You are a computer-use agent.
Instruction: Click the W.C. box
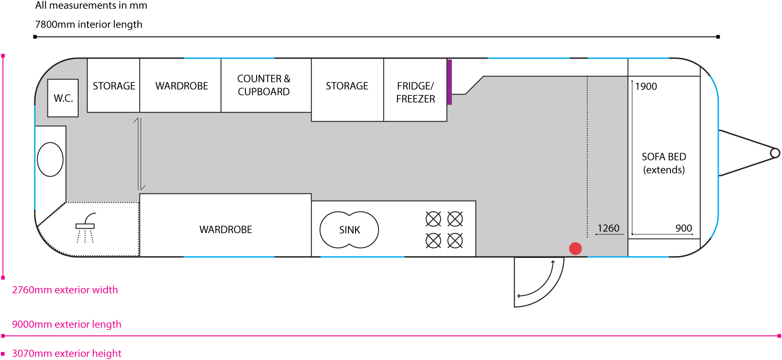click(63, 98)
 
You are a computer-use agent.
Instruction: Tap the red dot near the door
click(575, 248)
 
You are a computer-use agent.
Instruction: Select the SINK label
click(349, 230)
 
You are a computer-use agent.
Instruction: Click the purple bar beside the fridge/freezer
click(450, 82)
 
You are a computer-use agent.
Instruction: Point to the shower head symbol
click(85, 225)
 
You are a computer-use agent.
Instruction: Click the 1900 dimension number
click(646, 86)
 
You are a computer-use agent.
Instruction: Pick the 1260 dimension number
click(608, 228)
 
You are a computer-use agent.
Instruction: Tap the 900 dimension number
click(684, 228)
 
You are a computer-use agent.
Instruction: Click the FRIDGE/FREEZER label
click(415, 92)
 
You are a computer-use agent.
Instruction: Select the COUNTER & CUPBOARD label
click(264, 85)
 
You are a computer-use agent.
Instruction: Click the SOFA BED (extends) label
click(664, 163)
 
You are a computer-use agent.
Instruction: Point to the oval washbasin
click(50, 159)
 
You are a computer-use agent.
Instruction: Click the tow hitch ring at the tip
click(775, 153)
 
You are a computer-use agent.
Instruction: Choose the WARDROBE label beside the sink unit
click(225, 229)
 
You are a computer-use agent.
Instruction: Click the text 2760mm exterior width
click(65, 290)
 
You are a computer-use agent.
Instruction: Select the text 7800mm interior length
click(89, 24)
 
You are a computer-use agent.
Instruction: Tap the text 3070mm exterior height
click(66, 353)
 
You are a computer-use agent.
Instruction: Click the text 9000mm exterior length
click(66, 324)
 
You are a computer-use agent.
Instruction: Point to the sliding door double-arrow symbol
click(140, 154)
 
